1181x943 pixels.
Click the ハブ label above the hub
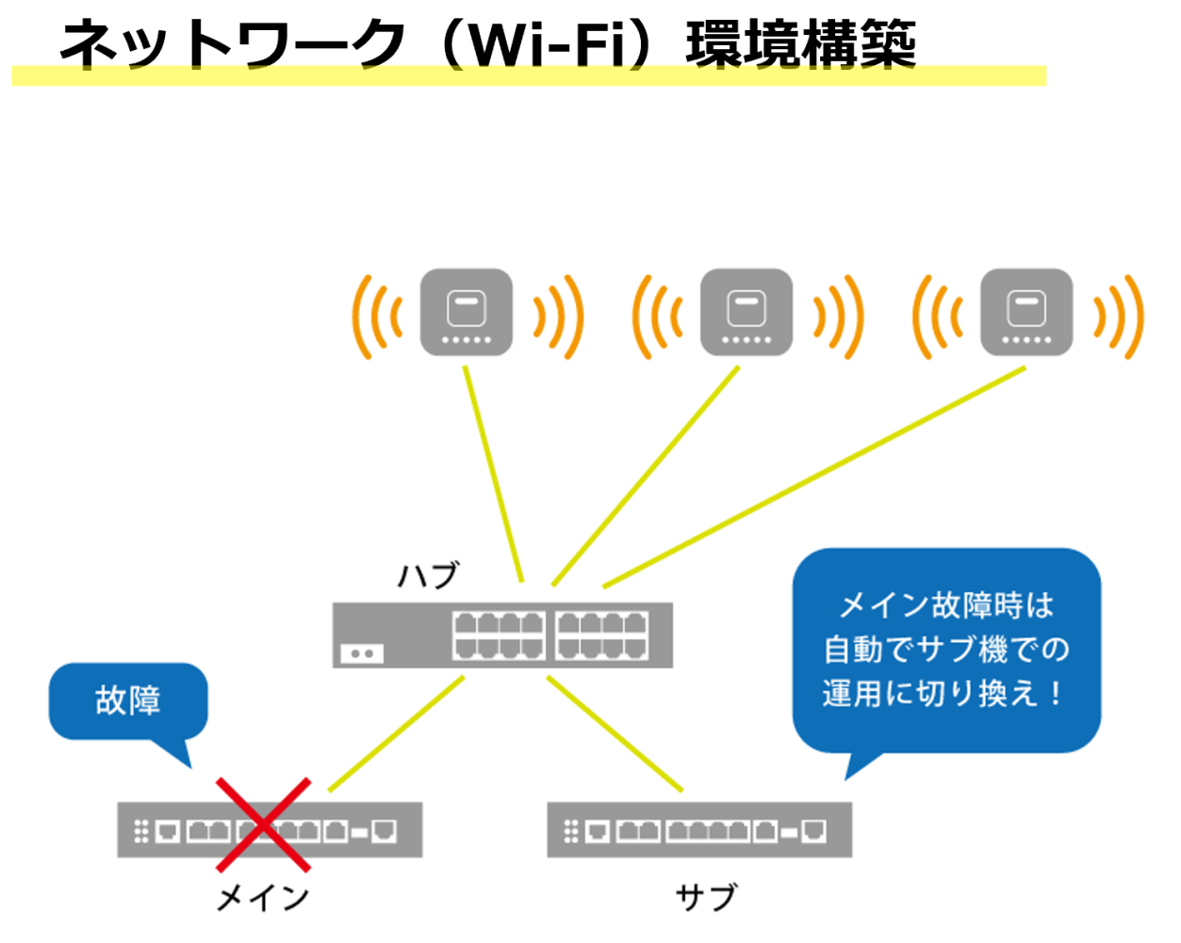(428, 574)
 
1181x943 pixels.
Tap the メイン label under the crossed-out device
(263, 898)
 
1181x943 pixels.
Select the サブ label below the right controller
(706, 896)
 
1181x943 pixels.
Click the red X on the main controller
(264, 825)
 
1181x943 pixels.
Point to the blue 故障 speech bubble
(128, 701)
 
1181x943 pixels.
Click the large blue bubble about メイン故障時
(946, 650)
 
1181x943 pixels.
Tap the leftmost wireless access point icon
(467, 312)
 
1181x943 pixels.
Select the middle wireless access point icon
(746, 312)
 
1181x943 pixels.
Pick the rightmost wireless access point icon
(1026, 312)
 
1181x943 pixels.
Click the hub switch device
(502, 636)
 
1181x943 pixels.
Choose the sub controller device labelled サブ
(699, 830)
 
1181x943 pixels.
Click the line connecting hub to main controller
(397, 733)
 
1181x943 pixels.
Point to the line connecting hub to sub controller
(615, 733)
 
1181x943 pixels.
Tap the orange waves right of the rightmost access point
(1120, 317)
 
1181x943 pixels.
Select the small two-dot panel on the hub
(362, 653)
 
